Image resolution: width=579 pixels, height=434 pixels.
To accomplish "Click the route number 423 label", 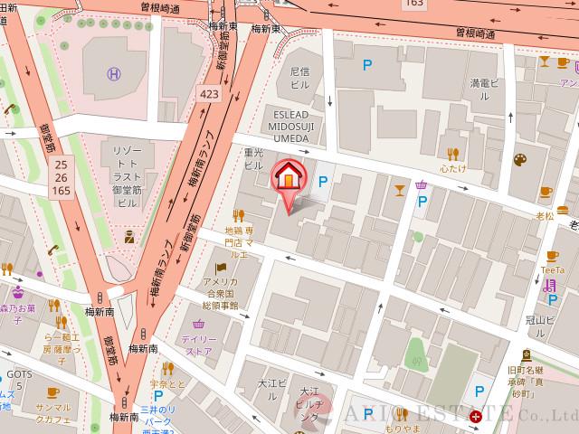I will click(x=208, y=92).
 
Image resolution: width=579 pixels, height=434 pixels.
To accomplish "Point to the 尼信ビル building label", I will click(x=299, y=77).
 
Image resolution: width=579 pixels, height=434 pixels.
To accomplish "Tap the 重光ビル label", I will click(x=253, y=160).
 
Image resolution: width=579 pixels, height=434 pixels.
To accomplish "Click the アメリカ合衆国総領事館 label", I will click(x=219, y=295).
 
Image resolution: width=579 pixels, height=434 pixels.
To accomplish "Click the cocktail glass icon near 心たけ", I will click(x=400, y=189).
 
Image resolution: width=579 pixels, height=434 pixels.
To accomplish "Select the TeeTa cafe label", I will click(x=552, y=269).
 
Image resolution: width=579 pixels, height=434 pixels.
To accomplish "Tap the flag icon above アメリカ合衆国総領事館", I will click(x=220, y=268).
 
